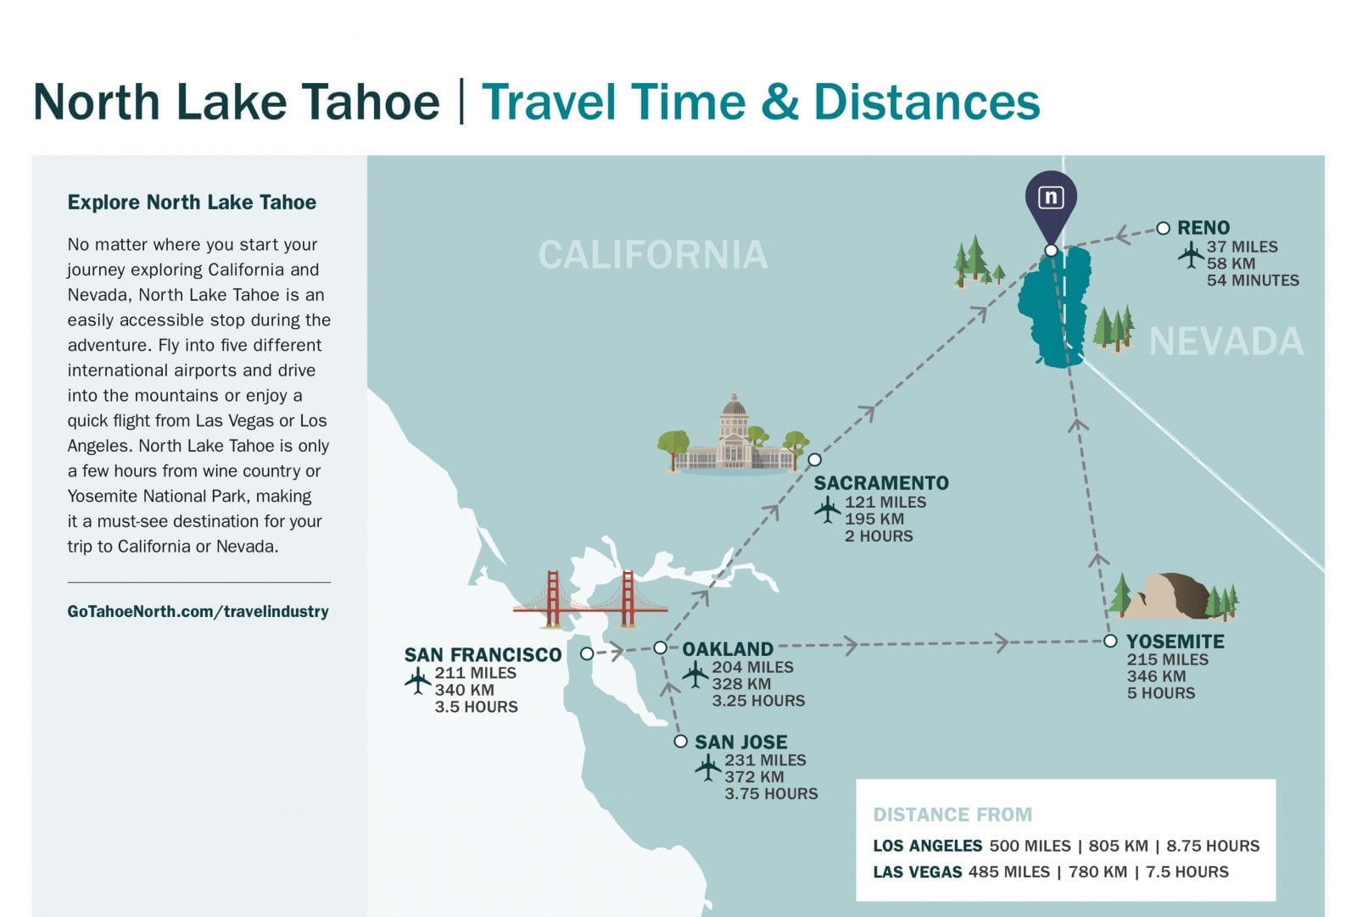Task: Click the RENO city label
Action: [x=1203, y=228]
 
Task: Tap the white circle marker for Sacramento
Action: [x=815, y=460]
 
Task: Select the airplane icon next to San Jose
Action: [x=707, y=767]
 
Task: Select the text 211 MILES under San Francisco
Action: [x=476, y=673]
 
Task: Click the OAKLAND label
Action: [x=728, y=649]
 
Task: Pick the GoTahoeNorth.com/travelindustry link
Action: [x=198, y=611]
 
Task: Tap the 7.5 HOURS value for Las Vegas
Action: [x=1187, y=871]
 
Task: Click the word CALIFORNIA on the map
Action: [x=653, y=254]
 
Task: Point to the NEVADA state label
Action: [x=1226, y=342]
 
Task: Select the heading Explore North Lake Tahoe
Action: [x=192, y=203]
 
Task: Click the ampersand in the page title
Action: [x=779, y=102]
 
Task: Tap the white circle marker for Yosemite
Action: [x=1110, y=641]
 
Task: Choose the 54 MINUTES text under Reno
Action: [x=1253, y=281]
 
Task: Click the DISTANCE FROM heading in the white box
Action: [x=952, y=814]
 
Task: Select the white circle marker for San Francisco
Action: [x=586, y=653]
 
